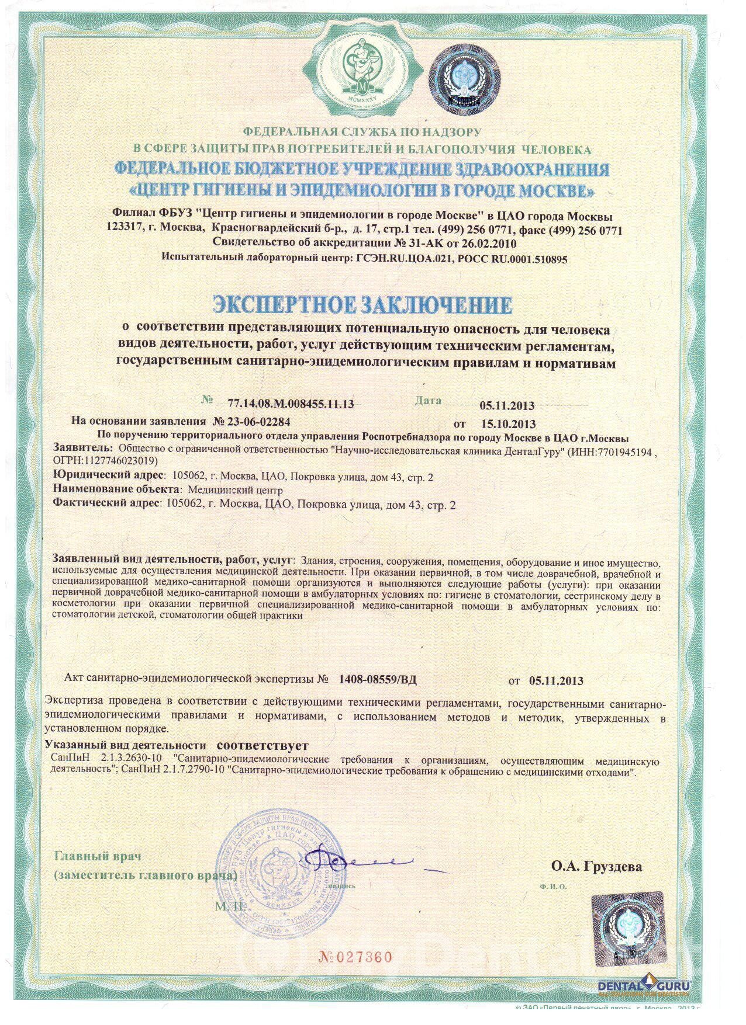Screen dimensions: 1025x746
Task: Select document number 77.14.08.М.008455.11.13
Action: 286,404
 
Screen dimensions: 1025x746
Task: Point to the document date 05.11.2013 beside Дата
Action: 507,405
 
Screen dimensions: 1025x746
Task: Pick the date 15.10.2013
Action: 507,424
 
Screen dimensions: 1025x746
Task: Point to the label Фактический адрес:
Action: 106,503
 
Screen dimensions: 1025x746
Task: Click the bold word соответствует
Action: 261,746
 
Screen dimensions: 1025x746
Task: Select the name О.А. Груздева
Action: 596,866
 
